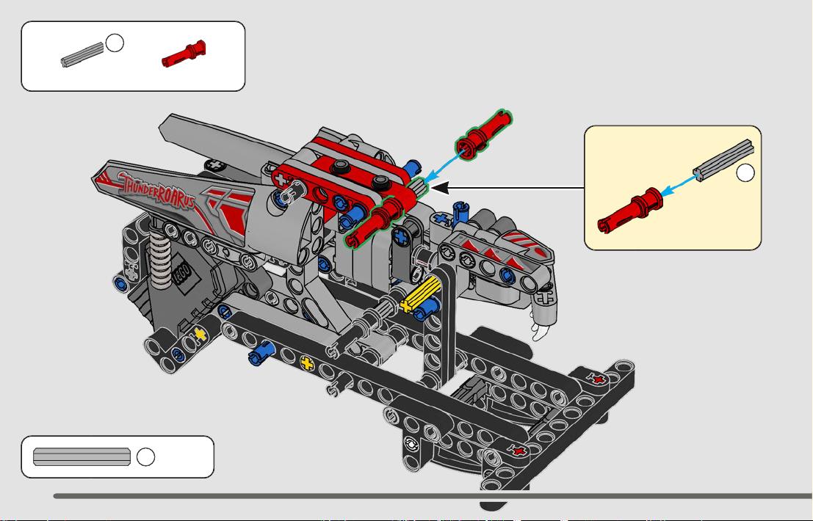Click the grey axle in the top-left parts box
[82, 54]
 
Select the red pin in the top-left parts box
[184, 54]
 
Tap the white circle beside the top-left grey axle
[115, 43]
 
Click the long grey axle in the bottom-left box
[82, 456]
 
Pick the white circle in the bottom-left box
[145, 456]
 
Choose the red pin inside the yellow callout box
[630, 210]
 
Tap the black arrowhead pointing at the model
[440, 188]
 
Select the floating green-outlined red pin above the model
[484, 134]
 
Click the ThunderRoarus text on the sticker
[158, 190]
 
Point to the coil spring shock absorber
[160, 256]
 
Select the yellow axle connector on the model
[422, 294]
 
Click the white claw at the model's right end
[541, 329]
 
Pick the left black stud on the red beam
[340, 167]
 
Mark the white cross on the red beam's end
[281, 181]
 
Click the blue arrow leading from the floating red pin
[443, 166]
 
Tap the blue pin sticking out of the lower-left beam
[261, 352]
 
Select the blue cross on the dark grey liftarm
[401, 237]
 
